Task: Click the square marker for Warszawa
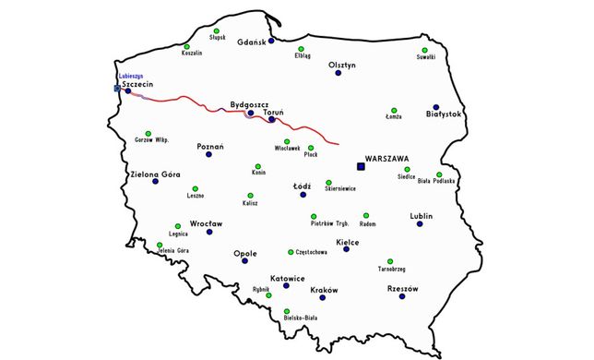click(x=361, y=166)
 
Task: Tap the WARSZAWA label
click(x=386, y=157)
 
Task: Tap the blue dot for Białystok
click(x=436, y=106)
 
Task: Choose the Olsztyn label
click(x=342, y=65)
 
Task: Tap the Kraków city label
click(x=325, y=289)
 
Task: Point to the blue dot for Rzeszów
click(x=403, y=298)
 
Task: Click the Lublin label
click(x=421, y=215)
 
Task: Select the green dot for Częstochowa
click(x=291, y=251)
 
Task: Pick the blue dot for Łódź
click(x=305, y=195)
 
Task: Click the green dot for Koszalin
click(x=186, y=46)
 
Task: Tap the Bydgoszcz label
click(x=249, y=104)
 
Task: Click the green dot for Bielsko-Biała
click(x=287, y=311)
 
